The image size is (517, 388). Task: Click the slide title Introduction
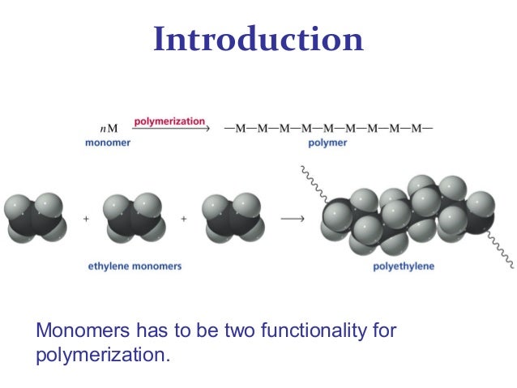coord(258,40)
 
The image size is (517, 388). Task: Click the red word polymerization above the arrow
coord(169,122)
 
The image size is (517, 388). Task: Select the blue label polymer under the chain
coord(327,143)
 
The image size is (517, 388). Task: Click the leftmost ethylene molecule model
coord(33,218)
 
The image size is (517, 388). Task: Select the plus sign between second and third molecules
coord(183,219)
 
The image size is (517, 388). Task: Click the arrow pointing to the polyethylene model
coord(291,219)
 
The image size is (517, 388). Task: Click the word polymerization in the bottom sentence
coord(103,354)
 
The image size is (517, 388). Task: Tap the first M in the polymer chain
coord(241,129)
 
